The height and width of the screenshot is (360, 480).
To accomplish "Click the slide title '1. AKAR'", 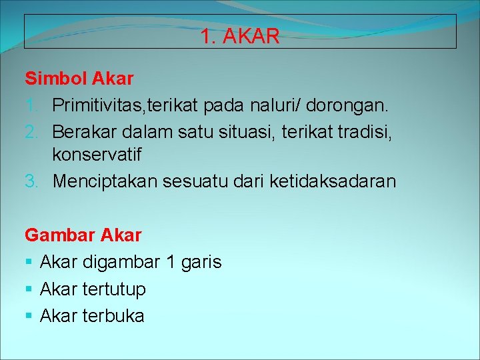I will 240,37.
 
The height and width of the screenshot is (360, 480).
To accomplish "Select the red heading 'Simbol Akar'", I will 79,79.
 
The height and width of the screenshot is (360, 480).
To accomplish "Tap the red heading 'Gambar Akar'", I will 83,235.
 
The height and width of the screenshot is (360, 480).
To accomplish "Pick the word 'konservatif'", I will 97,155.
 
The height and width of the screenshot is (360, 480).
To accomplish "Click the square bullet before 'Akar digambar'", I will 29,263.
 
